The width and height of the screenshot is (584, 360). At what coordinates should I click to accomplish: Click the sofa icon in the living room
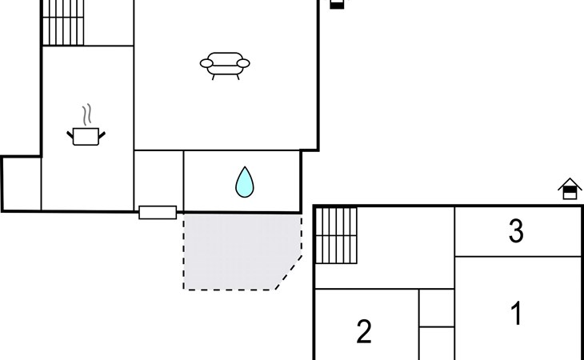tap(225, 66)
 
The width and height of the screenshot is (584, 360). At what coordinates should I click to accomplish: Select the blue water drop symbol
tap(245, 182)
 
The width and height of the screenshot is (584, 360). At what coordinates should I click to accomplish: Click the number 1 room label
tap(516, 313)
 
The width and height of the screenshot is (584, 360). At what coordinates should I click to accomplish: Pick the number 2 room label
tap(364, 331)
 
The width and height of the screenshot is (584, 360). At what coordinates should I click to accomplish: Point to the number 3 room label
tap(516, 231)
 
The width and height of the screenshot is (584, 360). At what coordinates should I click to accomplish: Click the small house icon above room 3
tap(570, 189)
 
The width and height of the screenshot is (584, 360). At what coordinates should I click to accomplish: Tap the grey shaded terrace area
tap(238, 251)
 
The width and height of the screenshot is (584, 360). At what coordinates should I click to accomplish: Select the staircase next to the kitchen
tap(63, 22)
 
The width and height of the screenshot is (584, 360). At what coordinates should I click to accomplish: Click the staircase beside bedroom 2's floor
tap(336, 235)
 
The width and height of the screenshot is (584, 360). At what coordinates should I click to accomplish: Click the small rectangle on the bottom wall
tap(158, 213)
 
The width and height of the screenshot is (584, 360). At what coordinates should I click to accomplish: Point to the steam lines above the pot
tap(86, 114)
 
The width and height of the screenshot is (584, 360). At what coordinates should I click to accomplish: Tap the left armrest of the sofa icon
tap(206, 63)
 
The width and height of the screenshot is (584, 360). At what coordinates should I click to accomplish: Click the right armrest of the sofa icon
tap(243, 63)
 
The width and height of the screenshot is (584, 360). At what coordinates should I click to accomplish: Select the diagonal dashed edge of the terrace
tap(289, 273)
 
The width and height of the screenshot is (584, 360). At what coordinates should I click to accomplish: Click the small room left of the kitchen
tap(22, 184)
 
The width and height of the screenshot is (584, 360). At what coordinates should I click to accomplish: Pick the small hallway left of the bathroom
tap(158, 178)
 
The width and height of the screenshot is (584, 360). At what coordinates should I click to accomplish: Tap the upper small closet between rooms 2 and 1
tap(437, 308)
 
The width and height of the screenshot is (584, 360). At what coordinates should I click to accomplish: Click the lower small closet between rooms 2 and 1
tap(437, 344)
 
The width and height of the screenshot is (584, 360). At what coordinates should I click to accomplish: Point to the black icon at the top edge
tap(337, 4)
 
